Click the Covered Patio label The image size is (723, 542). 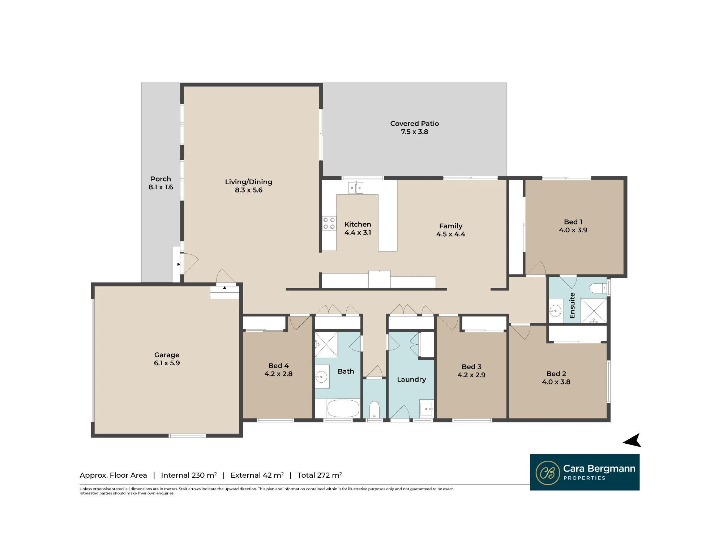pyautogui.click(x=415, y=124)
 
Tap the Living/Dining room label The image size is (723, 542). pyautogui.click(x=249, y=182)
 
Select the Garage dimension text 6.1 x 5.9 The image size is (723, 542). pyautogui.click(x=167, y=363)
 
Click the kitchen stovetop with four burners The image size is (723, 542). pyautogui.click(x=329, y=223)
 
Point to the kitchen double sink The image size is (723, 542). pyautogui.click(x=356, y=188)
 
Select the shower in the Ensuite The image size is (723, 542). pyautogui.click(x=594, y=310)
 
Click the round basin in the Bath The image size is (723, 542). pyautogui.click(x=321, y=377)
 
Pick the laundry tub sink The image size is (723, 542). pyautogui.click(x=427, y=409)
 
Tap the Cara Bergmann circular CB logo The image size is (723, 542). pyautogui.click(x=548, y=473)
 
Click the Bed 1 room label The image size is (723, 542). pyautogui.click(x=573, y=222)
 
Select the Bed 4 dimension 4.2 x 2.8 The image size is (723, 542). pyautogui.click(x=278, y=374)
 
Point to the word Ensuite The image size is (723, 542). pyautogui.click(x=572, y=305)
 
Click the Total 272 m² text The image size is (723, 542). pyautogui.click(x=320, y=475)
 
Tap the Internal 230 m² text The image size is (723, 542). pyautogui.click(x=189, y=475)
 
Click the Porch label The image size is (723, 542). pyautogui.click(x=161, y=179)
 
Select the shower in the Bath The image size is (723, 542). pyautogui.click(x=326, y=345)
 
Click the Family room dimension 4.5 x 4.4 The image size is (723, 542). pyautogui.click(x=451, y=234)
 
